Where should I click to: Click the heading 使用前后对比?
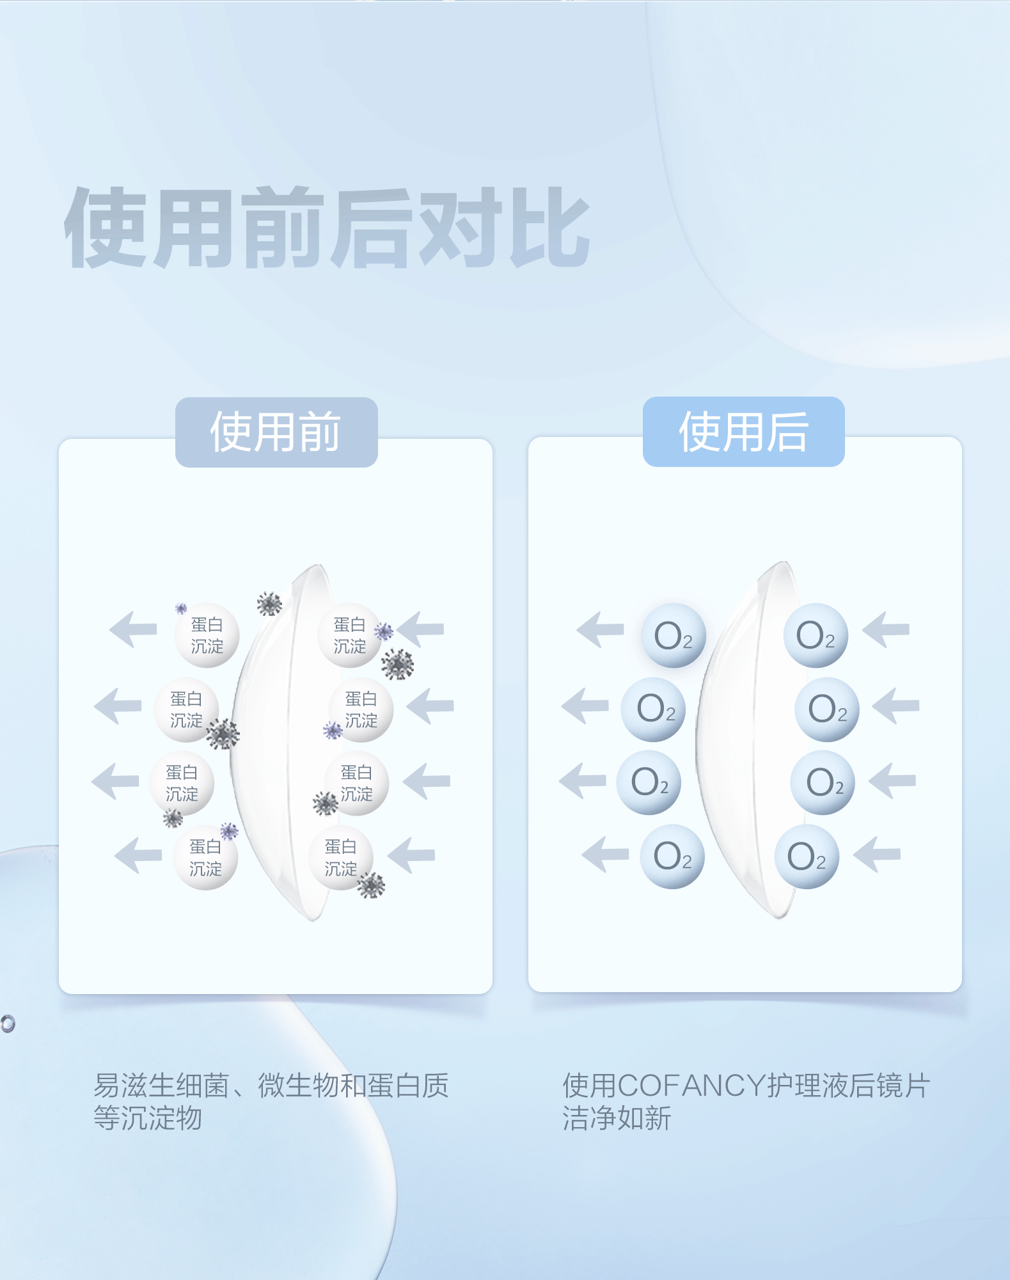[x=326, y=228]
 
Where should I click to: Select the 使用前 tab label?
[x=276, y=432]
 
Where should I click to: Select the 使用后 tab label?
[x=743, y=432]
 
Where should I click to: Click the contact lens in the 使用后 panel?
[x=742, y=742]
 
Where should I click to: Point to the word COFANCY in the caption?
[x=691, y=1086]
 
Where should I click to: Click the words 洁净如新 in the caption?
[x=617, y=1118]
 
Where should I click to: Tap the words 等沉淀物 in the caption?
[x=148, y=1118]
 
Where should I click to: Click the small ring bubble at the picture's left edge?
[x=7, y=1023]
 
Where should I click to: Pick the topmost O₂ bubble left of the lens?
[x=673, y=635]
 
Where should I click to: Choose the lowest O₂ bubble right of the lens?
[x=806, y=857]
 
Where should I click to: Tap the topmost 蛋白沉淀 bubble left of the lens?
[x=207, y=635]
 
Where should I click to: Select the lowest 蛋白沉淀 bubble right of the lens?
[x=340, y=857]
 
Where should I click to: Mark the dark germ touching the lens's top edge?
[x=269, y=603]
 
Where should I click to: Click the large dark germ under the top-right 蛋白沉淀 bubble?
[x=397, y=665]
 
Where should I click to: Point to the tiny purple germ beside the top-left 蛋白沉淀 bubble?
[x=181, y=608]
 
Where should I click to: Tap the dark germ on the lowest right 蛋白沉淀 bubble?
[x=371, y=885]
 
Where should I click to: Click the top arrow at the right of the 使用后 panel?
[x=886, y=629]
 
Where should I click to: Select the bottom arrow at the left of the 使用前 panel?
[x=138, y=855]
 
